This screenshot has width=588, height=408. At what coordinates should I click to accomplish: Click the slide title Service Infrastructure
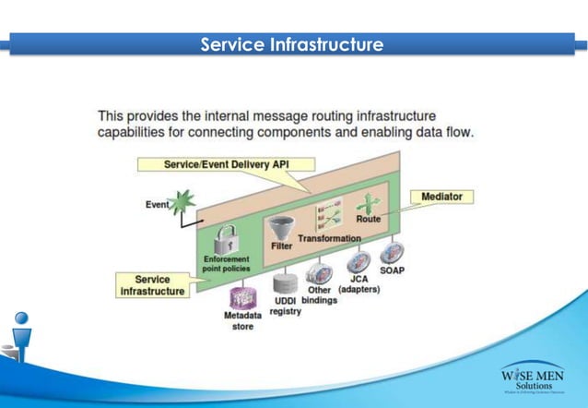pyautogui.click(x=292, y=43)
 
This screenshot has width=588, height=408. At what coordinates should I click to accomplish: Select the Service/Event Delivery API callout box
pyautogui.click(x=226, y=163)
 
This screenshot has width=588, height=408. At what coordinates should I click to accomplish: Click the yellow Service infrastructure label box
pyautogui.click(x=152, y=285)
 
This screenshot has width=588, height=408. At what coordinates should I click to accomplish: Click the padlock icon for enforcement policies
pyautogui.click(x=229, y=242)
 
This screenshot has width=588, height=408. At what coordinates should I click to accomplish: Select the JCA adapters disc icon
pyautogui.click(x=359, y=261)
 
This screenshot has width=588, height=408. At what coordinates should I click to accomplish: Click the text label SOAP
pyautogui.click(x=393, y=270)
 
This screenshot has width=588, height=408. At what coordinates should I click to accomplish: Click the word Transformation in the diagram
pyautogui.click(x=329, y=239)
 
